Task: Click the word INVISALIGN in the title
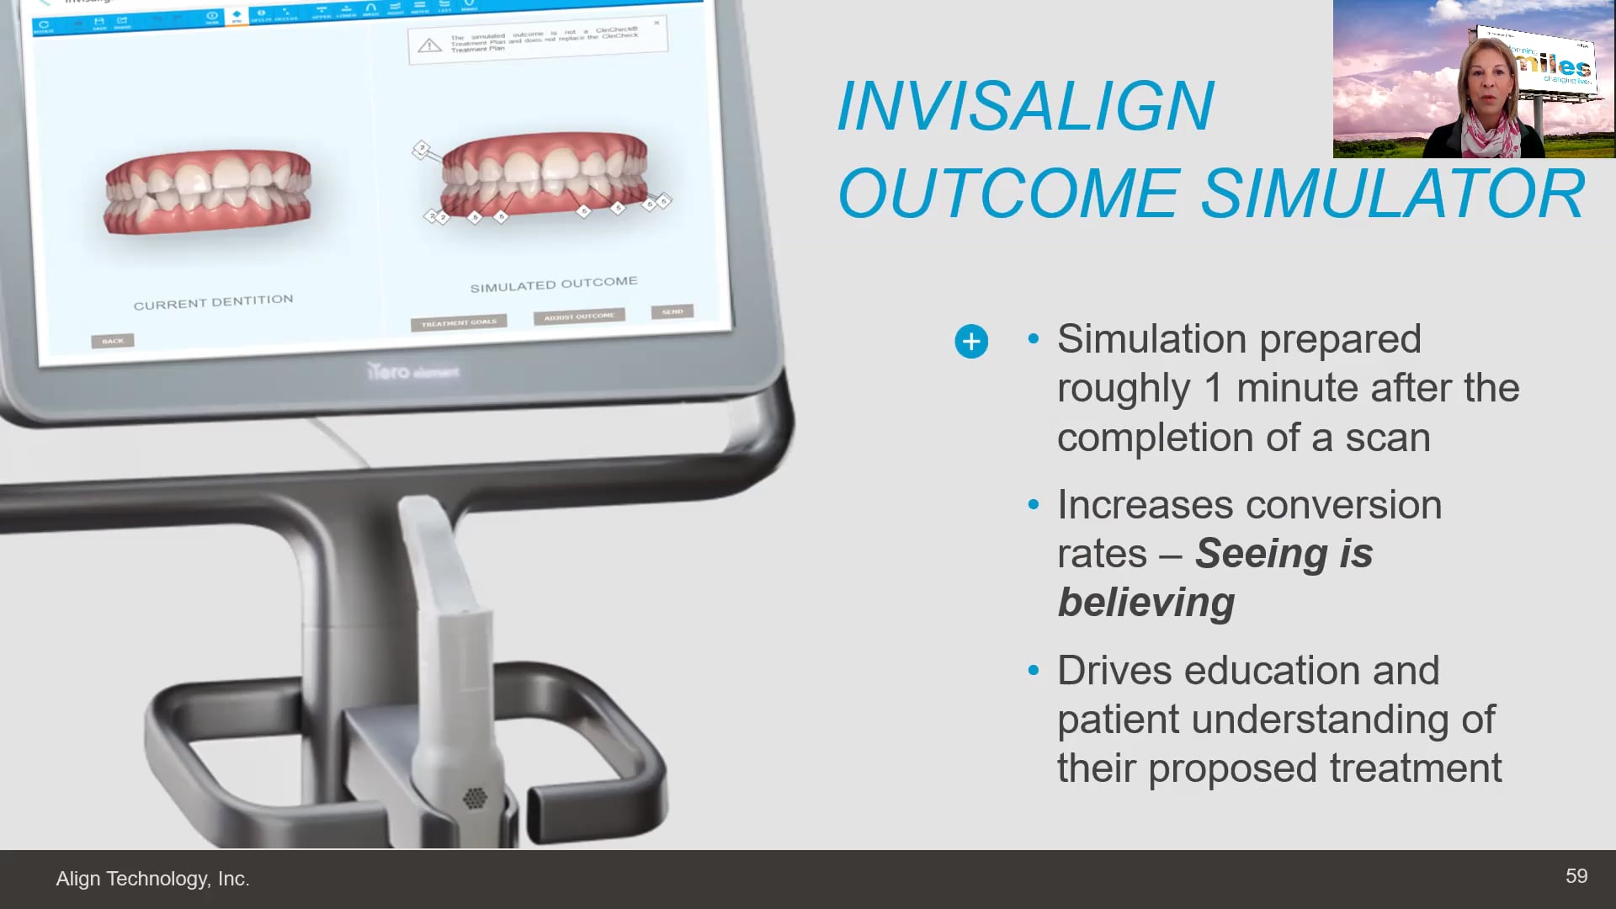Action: point(1025,107)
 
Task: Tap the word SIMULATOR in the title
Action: point(1393,194)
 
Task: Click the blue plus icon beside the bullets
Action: point(971,342)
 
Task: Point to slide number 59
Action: point(1576,876)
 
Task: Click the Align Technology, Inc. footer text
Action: point(152,879)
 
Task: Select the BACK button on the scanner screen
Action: point(113,341)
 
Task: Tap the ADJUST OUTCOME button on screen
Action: point(579,317)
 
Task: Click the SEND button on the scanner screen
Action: point(672,312)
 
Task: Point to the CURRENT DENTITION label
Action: point(213,302)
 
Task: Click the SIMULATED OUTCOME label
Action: point(553,284)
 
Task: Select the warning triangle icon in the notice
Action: point(429,45)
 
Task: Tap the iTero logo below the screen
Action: point(412,371)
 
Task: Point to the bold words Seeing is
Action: point(1284,554)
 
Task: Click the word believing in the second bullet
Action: point(1146,603)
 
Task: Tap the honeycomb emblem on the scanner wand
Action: point(475,797)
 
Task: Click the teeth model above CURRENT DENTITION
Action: point(207,191)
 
